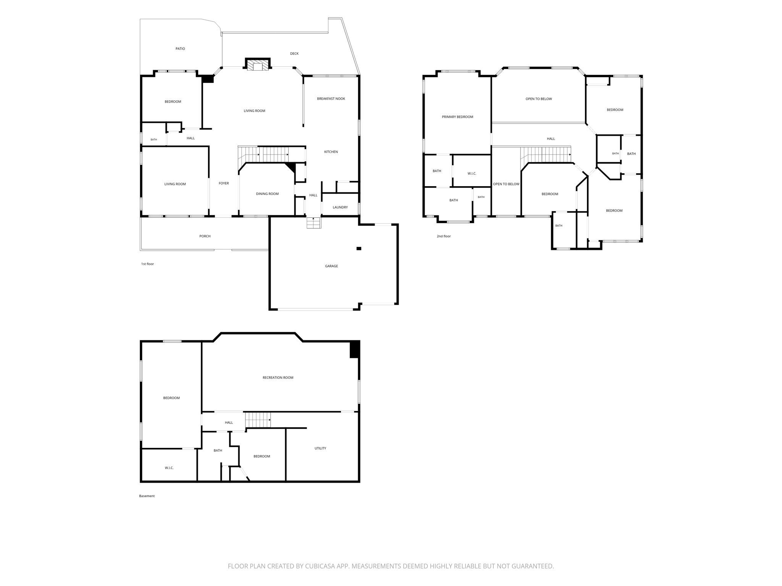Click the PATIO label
180,49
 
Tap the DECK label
294,54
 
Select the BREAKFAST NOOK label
331,99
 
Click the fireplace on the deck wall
258,64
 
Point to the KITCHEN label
331,152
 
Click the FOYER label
224,184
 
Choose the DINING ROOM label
267,194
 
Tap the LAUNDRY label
340,208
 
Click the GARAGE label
331,266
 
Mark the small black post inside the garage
359,249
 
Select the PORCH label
205,237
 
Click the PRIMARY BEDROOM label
457,117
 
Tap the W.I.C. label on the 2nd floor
472,174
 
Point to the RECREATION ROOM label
278,378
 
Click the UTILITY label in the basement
320,449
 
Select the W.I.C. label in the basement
169,468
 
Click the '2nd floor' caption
444,237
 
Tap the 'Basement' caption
147,496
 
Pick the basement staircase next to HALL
258,420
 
